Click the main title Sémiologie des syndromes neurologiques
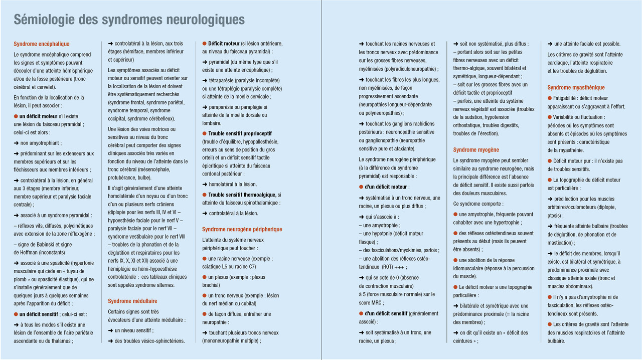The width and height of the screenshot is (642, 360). (129, 20)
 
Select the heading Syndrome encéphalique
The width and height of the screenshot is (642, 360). (42, 44)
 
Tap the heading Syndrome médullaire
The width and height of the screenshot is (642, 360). (132, 301)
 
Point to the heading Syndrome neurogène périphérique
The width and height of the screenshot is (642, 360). (242, 229)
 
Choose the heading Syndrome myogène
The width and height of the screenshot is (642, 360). (476, 150)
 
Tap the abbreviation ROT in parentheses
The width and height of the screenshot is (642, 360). (387, 266)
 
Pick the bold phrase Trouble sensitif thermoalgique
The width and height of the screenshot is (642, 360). (242, 195)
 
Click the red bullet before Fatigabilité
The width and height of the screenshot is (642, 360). (550, 98)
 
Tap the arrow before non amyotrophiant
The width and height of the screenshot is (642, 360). (17, 142)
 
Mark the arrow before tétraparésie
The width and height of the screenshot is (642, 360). (205, 80)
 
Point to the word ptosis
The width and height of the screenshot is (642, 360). (555, 216)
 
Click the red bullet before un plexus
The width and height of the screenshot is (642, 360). (205, 277)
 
